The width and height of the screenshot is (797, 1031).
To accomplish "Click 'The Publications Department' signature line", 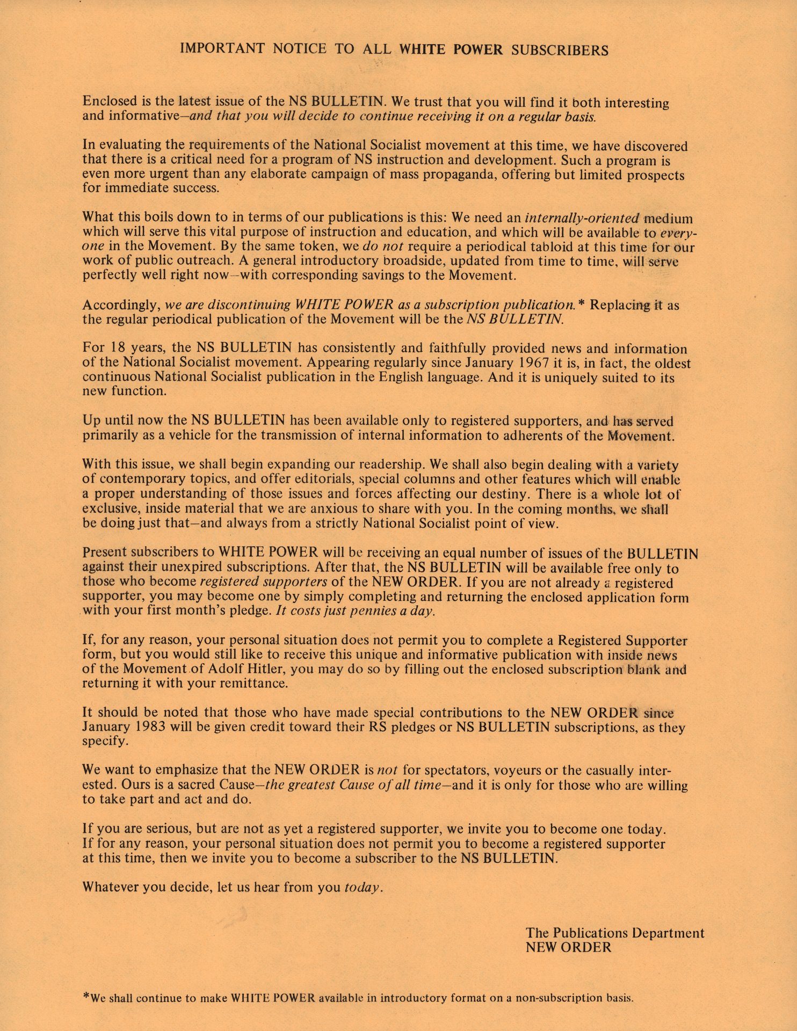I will pyautogui.click(x=615, y=932).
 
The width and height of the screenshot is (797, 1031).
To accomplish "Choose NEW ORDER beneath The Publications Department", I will pyautogui.click(x=568, y=947).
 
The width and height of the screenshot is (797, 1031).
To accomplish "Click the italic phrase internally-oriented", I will pyautogui.click(x=582, y=219).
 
